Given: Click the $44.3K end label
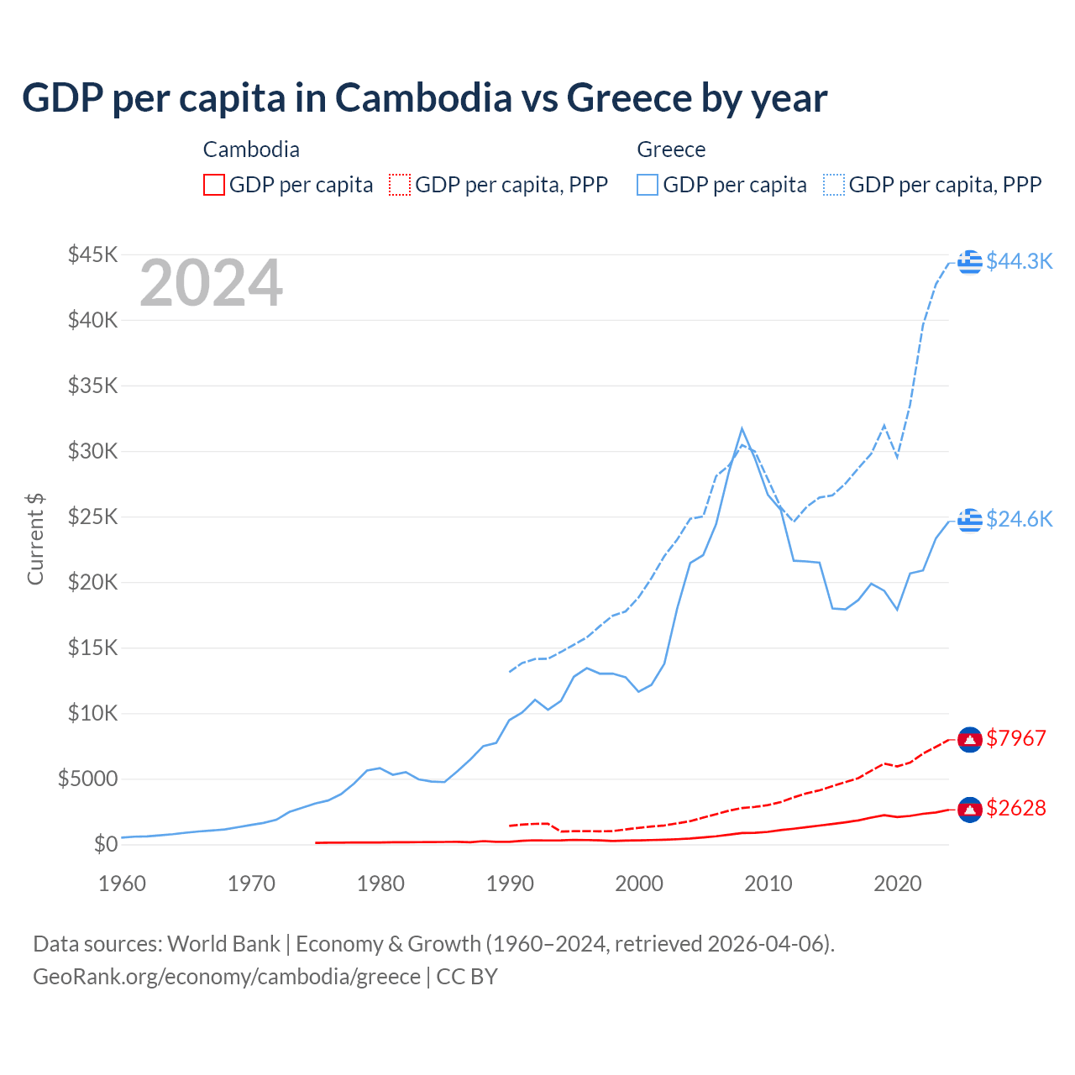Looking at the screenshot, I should point(1019,261).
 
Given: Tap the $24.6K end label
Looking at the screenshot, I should point(1019,519).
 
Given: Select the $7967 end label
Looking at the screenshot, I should point(1016,738).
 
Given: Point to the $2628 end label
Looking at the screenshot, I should point(1016,808).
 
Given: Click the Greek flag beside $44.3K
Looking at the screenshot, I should point(970,261).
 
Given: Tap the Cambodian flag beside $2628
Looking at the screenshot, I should point(970,809).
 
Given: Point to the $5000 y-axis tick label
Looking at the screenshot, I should point(87,779).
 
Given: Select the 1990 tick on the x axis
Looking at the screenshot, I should point(510,884).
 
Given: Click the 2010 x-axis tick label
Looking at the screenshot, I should point(768,884).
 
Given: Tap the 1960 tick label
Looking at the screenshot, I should point(123,884).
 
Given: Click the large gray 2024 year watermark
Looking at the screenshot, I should point(211,283).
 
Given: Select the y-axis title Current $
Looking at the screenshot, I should point(35,539).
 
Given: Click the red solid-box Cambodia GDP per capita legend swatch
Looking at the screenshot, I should point(214,185).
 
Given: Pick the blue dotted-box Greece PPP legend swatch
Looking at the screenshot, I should point(834,185).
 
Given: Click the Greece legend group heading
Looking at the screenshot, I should point(671,149).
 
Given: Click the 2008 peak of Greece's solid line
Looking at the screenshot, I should point(742,428).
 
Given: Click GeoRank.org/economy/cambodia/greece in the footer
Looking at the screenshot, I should point(227,977).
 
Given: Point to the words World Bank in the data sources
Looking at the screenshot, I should point(223,944).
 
